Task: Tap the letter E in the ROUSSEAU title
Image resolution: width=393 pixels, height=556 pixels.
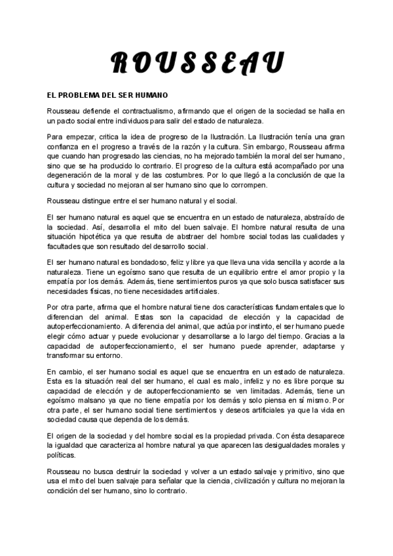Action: (x=232, y=62)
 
